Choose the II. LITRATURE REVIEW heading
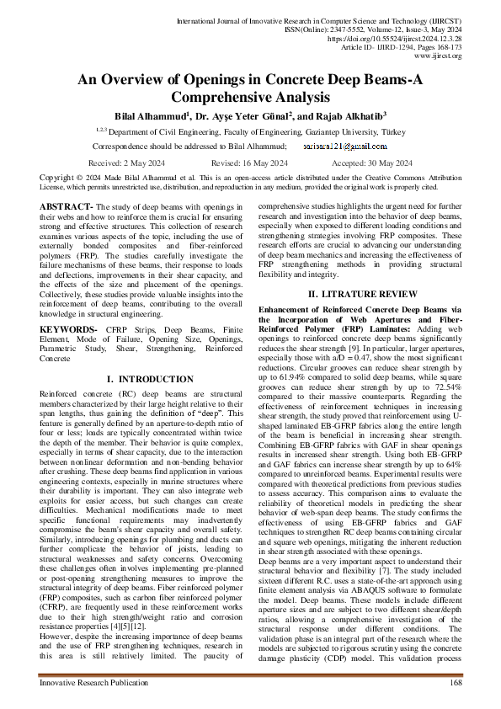click(362, 294)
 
